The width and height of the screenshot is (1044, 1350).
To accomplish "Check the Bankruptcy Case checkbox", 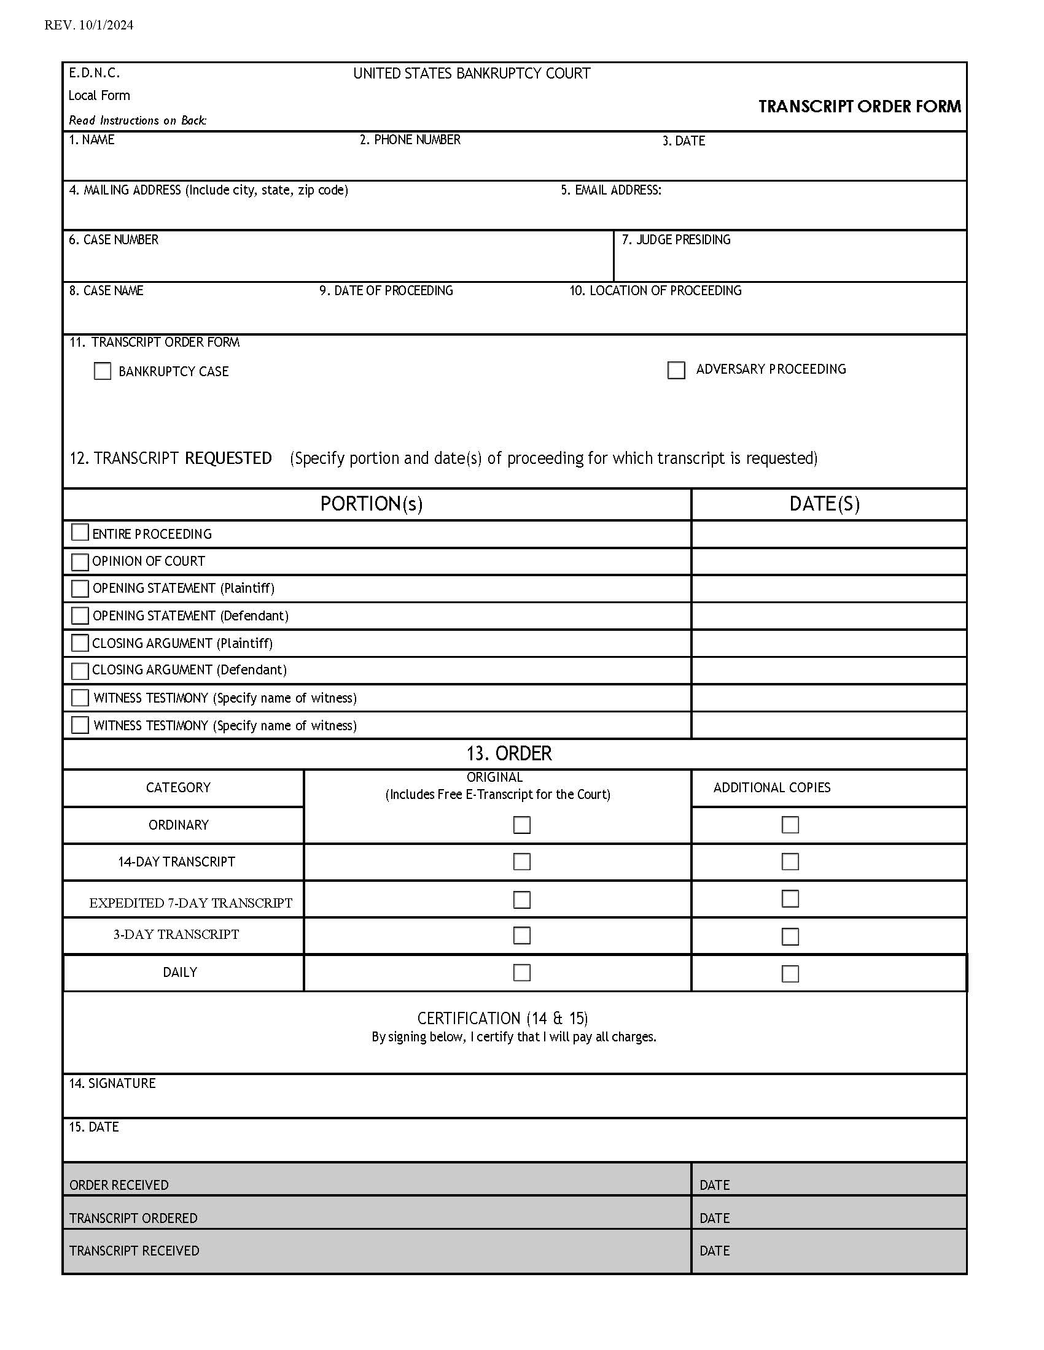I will click(x=102, y=371).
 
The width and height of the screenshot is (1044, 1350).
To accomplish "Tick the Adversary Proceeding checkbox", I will click(x=676, y=370).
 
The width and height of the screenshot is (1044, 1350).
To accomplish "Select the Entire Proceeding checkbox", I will click(x=80, y=532).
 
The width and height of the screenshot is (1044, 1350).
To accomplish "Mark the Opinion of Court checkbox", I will click(x=80, y=561).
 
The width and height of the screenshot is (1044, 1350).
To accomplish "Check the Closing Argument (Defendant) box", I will click(x=80, y=671).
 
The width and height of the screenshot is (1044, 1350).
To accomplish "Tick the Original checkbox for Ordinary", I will click(x=521, y=825).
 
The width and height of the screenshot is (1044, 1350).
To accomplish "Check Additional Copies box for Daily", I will click(x=790, y=974).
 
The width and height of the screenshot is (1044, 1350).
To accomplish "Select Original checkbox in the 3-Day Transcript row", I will click(x=521, y=935).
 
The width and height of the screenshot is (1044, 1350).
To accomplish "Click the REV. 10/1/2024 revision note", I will click(x=88, y=25).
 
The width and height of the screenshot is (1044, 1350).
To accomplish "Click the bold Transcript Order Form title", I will click(x=859, y=106).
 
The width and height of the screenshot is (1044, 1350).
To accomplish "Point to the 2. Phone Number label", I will click(x=410, y=140).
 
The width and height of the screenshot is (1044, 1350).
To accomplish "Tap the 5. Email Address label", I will click(x=610, y=190).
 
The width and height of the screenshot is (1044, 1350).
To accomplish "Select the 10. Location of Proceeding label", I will click(x=655, y=290).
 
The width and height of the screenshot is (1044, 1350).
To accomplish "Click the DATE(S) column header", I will click(x=824, y=504).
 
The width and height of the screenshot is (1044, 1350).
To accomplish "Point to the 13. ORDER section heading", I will click(x=508, y=753).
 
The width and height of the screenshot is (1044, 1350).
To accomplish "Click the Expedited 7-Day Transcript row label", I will click(x=190, y=903).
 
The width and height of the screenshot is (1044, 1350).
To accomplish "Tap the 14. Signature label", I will click(x=112, y=1083).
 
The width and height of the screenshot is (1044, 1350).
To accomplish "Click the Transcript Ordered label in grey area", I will click(x=133, y=1217).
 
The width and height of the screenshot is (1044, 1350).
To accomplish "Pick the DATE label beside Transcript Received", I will click(x=714, y=1251).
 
